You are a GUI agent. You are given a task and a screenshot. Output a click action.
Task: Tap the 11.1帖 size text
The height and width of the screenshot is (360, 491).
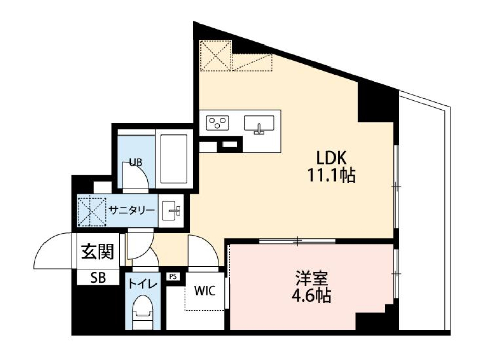[331, 176]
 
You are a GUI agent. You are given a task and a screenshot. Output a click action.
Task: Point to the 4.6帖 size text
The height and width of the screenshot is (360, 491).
[311, 296]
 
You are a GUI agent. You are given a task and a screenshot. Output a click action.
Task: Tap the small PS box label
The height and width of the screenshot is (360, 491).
[172, 276]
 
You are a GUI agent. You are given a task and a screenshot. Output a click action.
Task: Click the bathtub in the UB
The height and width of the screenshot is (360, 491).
[174, 158]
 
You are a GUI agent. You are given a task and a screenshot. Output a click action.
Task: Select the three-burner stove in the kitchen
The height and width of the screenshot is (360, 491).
[217, 123]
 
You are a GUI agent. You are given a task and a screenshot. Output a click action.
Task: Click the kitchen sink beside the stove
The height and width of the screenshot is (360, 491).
[259, 124]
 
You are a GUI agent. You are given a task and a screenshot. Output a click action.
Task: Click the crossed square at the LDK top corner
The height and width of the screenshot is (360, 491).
[215, 56]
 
